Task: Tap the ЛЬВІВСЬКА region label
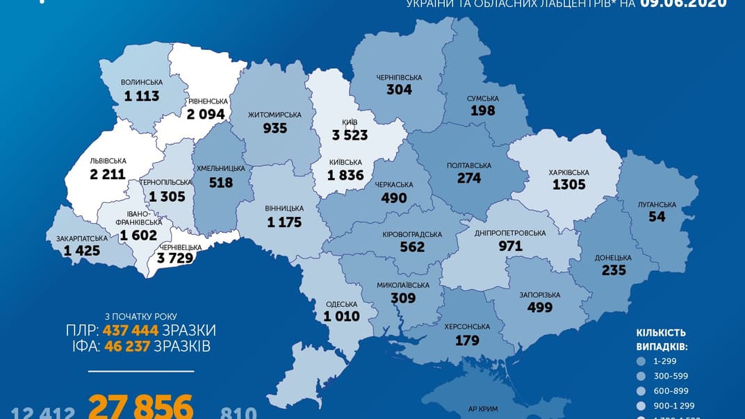click(108, 161)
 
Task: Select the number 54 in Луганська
click(657, 216)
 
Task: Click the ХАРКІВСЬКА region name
click(568, 172)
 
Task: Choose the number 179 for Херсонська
click(467, 340)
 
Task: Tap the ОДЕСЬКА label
click(341, 304)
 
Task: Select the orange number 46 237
click(127, 346)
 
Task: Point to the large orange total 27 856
click(140, 407)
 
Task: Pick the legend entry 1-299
click(664, 361)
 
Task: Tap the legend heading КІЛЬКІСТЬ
click(661, 333)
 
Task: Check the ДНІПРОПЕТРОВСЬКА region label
click(510, 233)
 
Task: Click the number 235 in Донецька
click(614, 270)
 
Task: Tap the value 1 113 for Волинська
click(142, 96)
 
